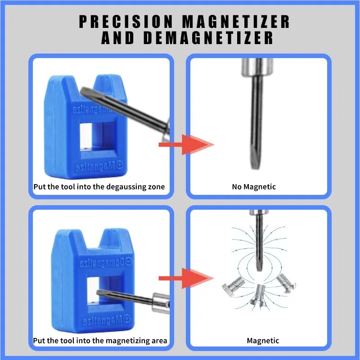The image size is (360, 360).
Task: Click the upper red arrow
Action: pyautogui.click(x=185, y=144)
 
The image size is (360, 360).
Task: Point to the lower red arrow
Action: pyautogui.click(x=185, y=278)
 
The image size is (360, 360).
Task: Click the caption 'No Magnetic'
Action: pyautogui.click(x=254, y=186)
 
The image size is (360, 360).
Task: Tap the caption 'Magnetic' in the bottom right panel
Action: pyautogui.click(x=263, y=340)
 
